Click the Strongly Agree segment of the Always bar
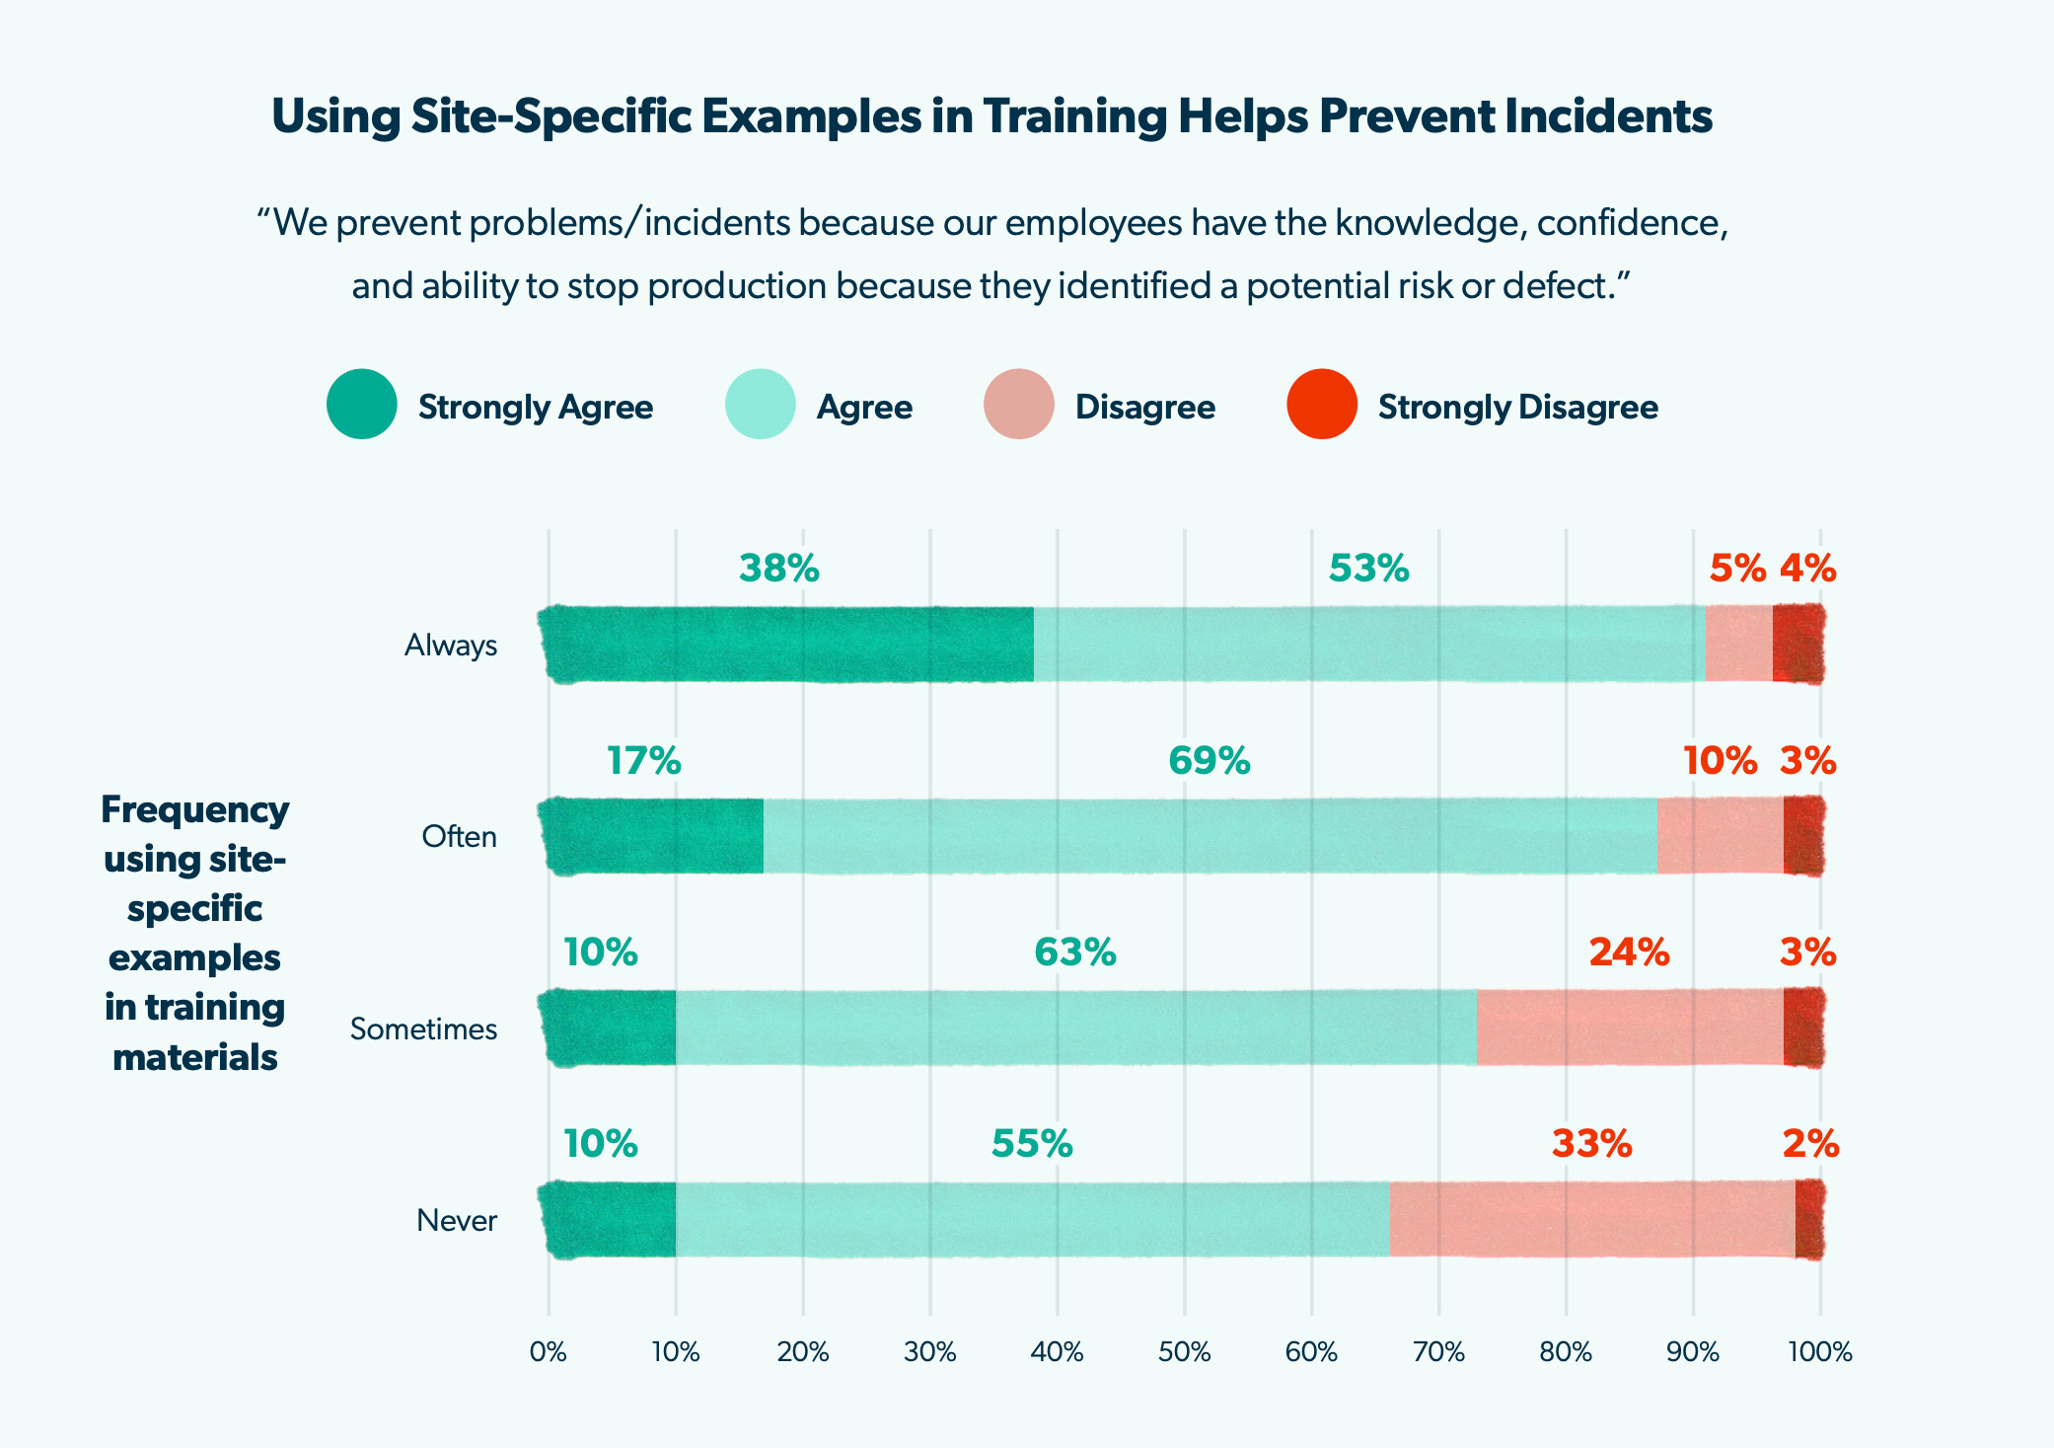[789, 645]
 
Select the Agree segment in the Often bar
[1210, 836]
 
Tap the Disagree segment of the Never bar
[1591, 1220]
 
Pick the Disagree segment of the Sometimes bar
[1629, 1028]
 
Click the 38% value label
[778, 569]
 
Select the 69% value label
[1209, 761]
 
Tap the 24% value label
[1629, 953]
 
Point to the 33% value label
[1591, 1144]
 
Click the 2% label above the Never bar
[1809, 1144]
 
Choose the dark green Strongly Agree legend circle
[362, 404]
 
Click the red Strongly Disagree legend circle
[1322, 404]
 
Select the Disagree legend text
[1144, 407]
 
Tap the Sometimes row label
[423, 1029]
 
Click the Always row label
[450, 646]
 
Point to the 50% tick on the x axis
[1184, 1352]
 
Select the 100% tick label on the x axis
[1820, 1352]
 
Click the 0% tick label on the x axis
[549, 1352]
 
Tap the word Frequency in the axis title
[194, 809]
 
